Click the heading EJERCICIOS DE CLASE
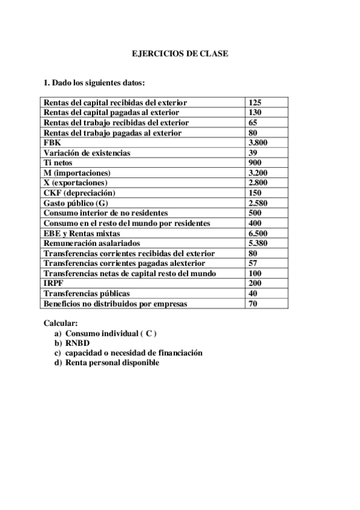click(x=180, y=54)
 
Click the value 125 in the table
click(x=255, y=102)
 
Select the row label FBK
click(x=52, y=143)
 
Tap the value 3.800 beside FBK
click(x=258, y=143)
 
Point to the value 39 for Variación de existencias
click(x=253, y=153)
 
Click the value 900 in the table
click(x=255, y=163)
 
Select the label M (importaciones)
click(x=77, y=173)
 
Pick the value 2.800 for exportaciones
click(x=258, y=183)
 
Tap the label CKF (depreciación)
click(x=79, y=193)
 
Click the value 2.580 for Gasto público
click(x=258, y=203)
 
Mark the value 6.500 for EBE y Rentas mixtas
click(x=258, y=233)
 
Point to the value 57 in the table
click(x=253, y=263)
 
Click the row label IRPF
click(x=53, y=284)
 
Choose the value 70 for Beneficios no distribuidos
click(x=253, y=304)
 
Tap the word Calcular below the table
click(x=61, y=323)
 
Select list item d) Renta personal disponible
click(x=107, y=363)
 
